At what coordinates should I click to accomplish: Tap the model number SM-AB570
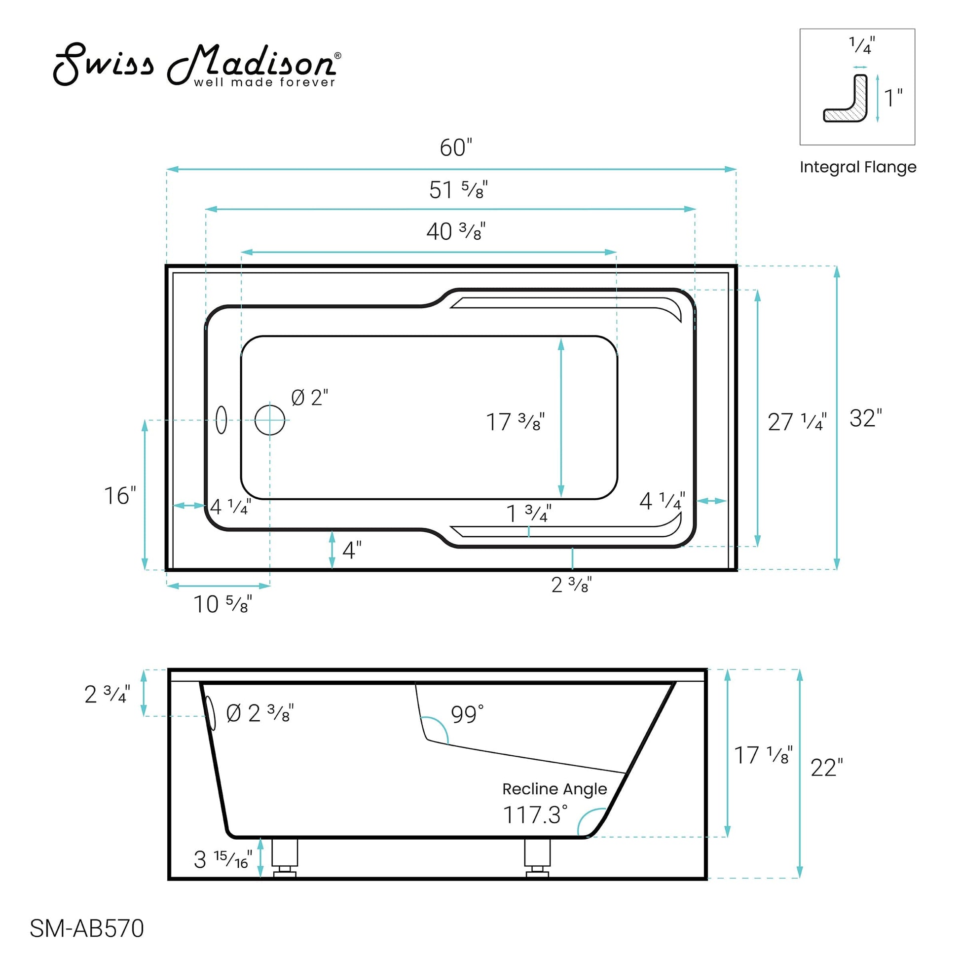(86, 928)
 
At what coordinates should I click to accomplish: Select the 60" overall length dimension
(455, 148)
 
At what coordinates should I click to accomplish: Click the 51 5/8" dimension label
(458, 190)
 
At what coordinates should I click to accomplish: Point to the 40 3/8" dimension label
(455, 231)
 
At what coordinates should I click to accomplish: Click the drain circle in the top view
(270, 420)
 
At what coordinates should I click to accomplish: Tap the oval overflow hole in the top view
(221, 420)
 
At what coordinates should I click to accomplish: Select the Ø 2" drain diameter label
(309, 398)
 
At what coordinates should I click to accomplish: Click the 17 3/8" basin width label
(515, 422)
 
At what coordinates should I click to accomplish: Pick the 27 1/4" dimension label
(797, 422)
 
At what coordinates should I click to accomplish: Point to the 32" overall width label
(865, 418)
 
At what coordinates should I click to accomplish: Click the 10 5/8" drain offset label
(222, 604)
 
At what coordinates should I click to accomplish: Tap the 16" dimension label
(119, 496)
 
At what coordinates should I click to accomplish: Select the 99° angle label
(467, 714)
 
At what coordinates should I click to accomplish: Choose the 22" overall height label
(826, 768)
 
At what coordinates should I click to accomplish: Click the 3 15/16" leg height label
(222, 859)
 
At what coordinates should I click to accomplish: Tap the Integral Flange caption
(858, 167)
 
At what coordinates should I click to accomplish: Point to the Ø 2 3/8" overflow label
(259, 713)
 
